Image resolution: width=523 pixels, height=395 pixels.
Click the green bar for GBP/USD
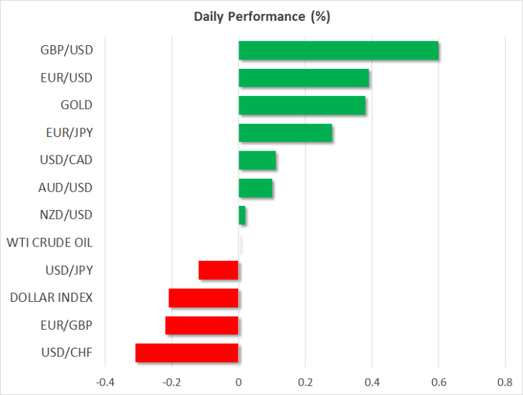pyautogui.click(x=339, y=50)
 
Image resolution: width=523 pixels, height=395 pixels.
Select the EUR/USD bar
pyautogui.click(x=304, y=77)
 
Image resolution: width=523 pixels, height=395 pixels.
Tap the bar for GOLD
pyautogui.click(x=302, y=105)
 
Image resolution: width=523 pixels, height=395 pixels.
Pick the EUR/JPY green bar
pyautogui.click(x=285, y=133)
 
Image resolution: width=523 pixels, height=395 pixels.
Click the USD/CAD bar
pyautogui.click(x=257, y=160)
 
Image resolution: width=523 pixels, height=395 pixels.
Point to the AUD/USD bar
pyautogui.click(x=256, y=188)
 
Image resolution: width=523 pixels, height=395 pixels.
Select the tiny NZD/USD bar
pyautogui.click(x=242, y=215)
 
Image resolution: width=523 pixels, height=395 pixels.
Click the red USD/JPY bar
pyautogui.click(x=219, y=270)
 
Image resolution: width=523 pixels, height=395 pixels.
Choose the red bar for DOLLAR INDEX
pyautogui.click(x=203, y=298)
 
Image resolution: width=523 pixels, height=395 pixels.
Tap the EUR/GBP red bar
pyautogui.click(x=202, y=325)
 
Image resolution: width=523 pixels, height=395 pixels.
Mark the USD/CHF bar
pyautogui.click(x=187, y=353)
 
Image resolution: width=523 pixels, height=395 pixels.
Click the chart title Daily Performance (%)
pyautogui.click(x=262, y=16)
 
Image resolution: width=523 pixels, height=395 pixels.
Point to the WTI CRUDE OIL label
pyautogui.click(x=49, y=242)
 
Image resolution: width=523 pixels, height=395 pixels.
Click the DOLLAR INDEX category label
pyautogui.click(x=52, y=298)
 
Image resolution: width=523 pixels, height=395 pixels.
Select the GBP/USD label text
pyautogui.click(x=67, y=50)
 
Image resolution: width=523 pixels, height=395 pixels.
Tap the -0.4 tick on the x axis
pyautogui.click(x=105, y=382)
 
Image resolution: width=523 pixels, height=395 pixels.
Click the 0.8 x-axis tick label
pyautogui.click(x=505, y=382)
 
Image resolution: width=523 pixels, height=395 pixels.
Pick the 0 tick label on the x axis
pyautogui.click(x=239, y=382)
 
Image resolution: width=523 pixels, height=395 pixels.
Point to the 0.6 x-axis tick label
pyautogui.click(x=438, y=382)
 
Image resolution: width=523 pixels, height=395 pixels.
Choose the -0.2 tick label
pyautogui.click(x=172, y=382)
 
